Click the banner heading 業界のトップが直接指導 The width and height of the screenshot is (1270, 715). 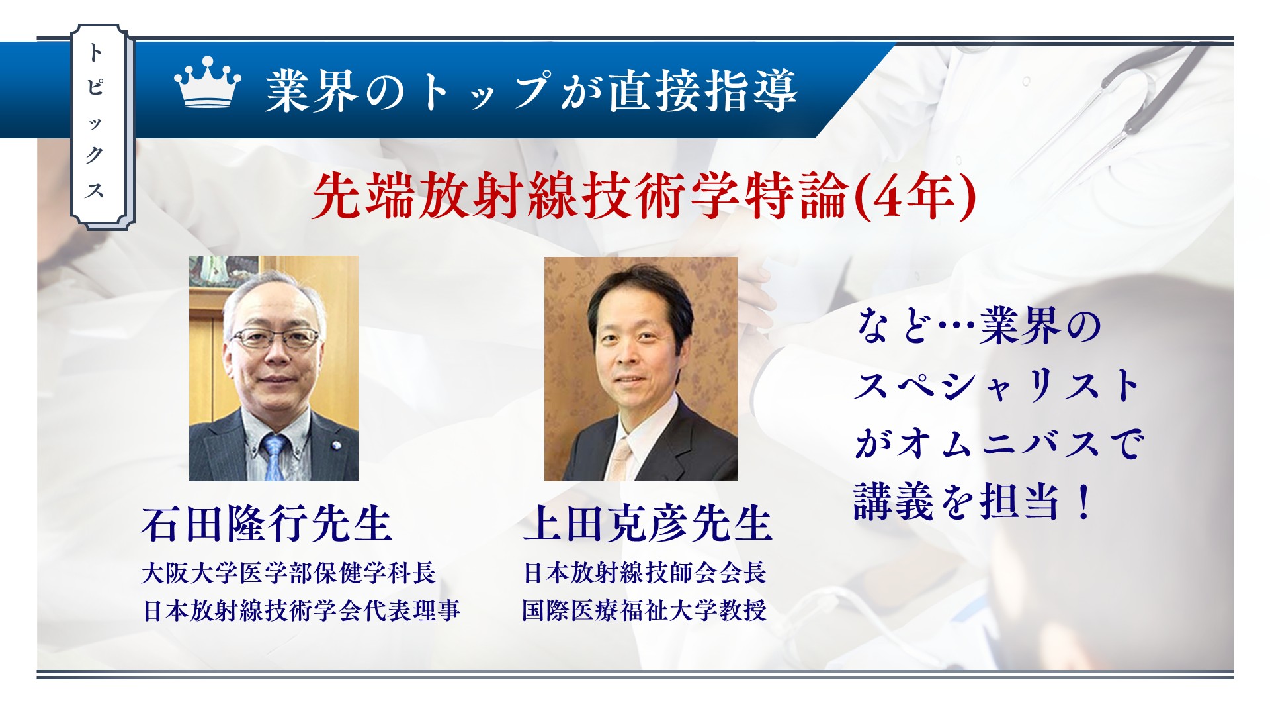(x=530, y=90)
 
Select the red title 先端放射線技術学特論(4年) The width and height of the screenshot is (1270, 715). (x=644, y=196)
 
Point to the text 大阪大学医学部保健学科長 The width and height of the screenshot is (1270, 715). (x=288, y=573)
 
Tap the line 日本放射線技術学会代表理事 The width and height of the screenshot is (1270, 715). (x=301, y=610)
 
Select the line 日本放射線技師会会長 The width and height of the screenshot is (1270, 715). (x=645, y=573)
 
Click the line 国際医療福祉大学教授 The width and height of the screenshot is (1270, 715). (x=644, y=610)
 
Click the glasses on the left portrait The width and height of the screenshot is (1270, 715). (x=275, y=338)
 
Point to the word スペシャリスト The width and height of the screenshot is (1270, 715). (x=997, y=385)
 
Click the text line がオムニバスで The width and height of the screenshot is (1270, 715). (x=999, y=443)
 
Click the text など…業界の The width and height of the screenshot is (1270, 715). (x=978, y=326)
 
